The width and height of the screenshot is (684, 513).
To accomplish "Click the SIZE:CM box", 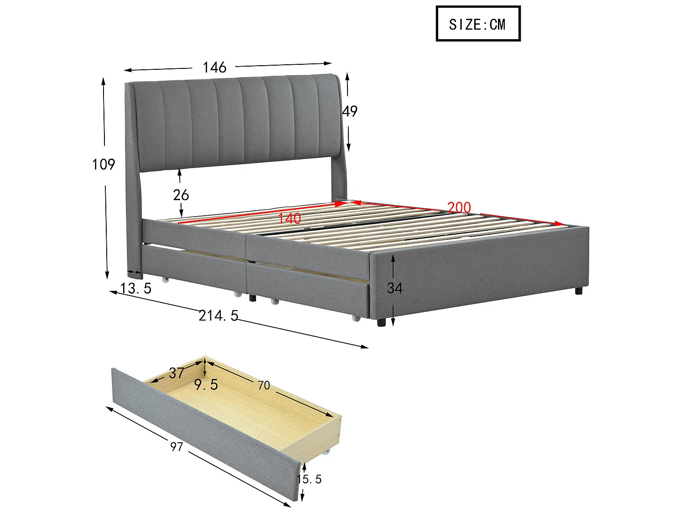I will [x=477, y=24].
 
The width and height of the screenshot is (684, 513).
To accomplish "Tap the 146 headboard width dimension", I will [x=214, y=67].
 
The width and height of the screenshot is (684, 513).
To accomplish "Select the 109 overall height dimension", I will [x=104, y=164].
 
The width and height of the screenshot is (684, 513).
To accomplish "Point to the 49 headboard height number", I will [x=350, y=111].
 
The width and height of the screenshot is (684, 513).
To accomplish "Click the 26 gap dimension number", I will [x=181, y=195].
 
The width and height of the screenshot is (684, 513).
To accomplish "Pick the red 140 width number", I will [x=290, y=218].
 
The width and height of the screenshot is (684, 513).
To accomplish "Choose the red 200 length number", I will [x=459, y=207].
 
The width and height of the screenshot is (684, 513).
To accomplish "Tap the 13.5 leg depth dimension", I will [x=136, y=288].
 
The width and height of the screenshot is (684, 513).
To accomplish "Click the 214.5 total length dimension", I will [x=218, y=316].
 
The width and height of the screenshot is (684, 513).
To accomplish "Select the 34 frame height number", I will [x=395, y=288].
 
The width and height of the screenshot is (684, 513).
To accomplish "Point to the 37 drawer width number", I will [x=176, y=373].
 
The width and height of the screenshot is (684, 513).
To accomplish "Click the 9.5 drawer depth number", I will [x=206, y=385].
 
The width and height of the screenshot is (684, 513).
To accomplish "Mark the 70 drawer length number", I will [x=264, y=386].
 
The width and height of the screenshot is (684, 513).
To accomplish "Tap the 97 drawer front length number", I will [x=176, y=447].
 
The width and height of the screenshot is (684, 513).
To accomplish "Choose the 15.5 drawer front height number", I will [x=310, y=479].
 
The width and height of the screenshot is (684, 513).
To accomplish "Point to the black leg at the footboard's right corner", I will [x=579, y=290].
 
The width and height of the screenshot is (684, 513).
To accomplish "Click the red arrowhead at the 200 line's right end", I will [x=560, y=223].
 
